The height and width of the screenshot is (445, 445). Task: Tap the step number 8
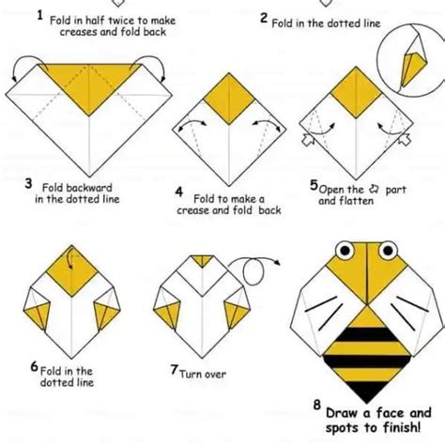[318, 406]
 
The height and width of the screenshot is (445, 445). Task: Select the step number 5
[314, 186]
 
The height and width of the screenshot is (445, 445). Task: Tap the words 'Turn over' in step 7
[203, 374]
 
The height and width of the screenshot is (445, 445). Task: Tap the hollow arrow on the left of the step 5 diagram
[305, 142]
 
